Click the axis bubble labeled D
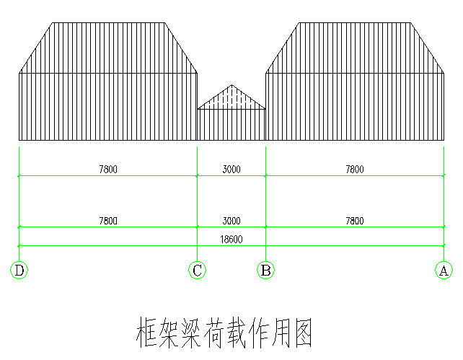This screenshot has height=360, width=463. [x=19, y=270]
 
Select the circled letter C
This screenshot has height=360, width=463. [x=198, y=270]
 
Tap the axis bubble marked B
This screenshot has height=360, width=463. [x=265, y=270]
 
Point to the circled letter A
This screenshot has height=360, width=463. [x=444, y=270]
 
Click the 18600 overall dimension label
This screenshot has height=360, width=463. [x=231, y=240]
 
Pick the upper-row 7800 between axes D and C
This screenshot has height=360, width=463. [x=108, y=170]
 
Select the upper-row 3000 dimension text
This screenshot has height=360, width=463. [x=231, y=170]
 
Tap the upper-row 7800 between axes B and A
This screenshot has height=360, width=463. [x=355, y=170]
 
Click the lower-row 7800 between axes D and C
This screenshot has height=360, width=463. [x=108, y=221]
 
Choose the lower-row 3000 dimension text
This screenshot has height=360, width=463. [x=231, y=221]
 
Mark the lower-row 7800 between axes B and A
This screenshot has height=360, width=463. [x=355, y=221]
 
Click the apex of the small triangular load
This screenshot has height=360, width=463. [x=231, y=85]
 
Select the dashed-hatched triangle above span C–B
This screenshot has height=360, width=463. [x=231, y=100]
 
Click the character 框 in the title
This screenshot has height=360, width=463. [x=146, y=333]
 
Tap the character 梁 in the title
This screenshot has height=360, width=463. [x=191, y=333]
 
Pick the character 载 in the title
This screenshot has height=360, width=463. [x=235, y=333]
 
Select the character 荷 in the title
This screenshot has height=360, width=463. [x=213, y=333]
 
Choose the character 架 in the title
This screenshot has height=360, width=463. [x=169, y=333]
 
